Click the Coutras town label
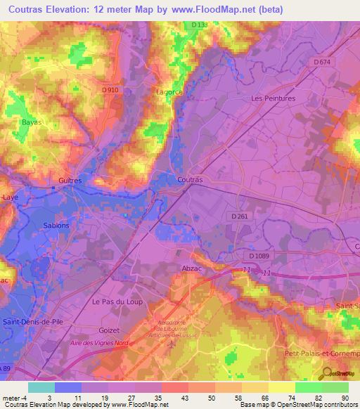click(x=190, y=180)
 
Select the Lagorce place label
click(x=169, y=91)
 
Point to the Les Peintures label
click(x=274, y=98)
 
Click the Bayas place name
click(x=32, y=122)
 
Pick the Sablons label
click(x=56, y=226)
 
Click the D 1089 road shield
click(x=260, y=257)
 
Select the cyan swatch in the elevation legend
click(x=41, y=387)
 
